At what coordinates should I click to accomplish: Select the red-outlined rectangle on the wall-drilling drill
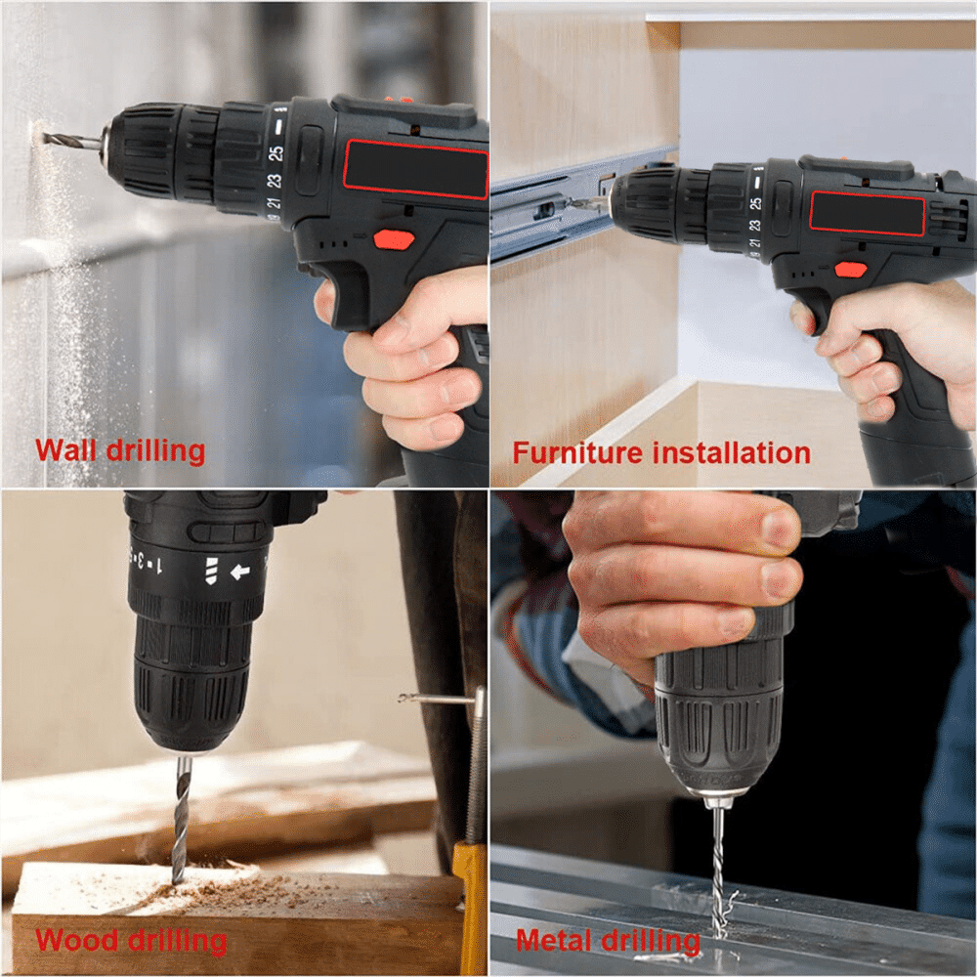pos(415,169)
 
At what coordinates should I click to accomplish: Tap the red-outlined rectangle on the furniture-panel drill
pos(867,213)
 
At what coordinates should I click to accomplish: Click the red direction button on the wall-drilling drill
pos(394,239)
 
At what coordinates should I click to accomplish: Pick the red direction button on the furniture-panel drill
pos(850,270)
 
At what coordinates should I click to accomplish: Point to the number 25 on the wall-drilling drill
pos(276,152)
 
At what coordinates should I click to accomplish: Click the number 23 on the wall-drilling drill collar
pos(275,181)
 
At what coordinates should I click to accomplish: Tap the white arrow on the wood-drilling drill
pos(239,571)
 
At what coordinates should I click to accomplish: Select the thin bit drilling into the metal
pos(718,860)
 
